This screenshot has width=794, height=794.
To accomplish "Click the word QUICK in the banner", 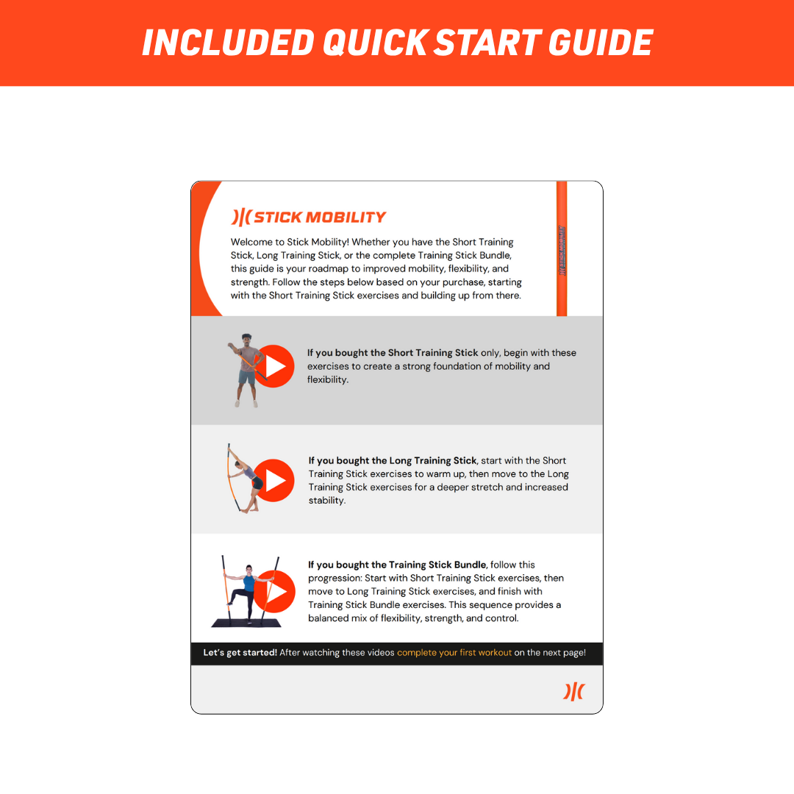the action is click(375, 43).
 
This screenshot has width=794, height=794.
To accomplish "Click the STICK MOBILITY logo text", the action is click(320, 217).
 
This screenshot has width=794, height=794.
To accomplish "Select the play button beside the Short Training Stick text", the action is click(274, 366).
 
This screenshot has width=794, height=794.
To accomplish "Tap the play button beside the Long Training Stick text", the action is click(274, 481).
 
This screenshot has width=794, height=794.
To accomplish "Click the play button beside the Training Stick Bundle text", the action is click(274, 591).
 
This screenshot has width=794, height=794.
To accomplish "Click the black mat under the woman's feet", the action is click(246, 623).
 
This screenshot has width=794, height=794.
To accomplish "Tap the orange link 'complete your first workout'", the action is click(454, 653).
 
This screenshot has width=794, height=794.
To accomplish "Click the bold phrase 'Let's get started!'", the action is click(240, 653).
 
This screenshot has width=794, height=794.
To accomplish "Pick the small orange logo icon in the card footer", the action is click(573, 691).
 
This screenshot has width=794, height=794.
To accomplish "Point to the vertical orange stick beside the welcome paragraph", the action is click(562, 248).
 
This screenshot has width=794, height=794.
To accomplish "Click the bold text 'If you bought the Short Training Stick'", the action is click(393, 353).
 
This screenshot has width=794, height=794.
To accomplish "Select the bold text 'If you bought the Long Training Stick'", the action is click(393, 461).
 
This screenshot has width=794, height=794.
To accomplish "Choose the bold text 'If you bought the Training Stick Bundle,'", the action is click(398, 565).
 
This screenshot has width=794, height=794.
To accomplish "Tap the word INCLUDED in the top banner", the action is click(229, 43).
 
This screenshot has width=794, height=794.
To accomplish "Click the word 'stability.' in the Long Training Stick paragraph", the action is click(327, 501).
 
